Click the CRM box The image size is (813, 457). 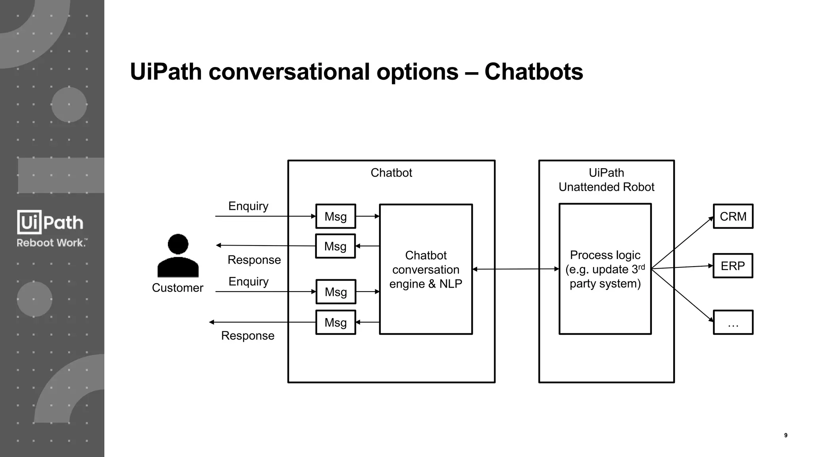(x=733, y=216)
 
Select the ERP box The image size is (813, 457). (x=732, y=266)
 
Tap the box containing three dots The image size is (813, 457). (x=733, y=322)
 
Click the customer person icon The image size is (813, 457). (x=178, y=255)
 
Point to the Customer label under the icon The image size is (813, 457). (x=177, y=288)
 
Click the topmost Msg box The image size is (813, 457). (x=335, y=216)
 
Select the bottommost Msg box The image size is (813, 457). (x=335, y=322)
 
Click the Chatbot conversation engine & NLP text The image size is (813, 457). (x=426, y=269)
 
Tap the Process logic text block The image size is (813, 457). (x=605, y=269)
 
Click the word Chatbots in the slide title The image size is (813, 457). (x=534, y=72)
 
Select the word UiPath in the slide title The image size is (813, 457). (x=166, y=72)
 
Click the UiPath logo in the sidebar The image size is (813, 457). (x=50, y=222)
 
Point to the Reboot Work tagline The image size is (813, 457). (x=52, y=243)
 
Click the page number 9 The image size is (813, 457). (x=786, y=435)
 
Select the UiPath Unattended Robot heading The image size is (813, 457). (x=606, y=180)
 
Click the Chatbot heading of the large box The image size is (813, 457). (x=391, y=173)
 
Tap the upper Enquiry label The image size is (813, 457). (x=248, y=206)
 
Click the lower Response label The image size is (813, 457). (x=248, y=336)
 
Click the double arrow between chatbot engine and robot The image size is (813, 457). (x=515, y=269)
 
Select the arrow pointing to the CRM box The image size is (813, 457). (x=683, y=242)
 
